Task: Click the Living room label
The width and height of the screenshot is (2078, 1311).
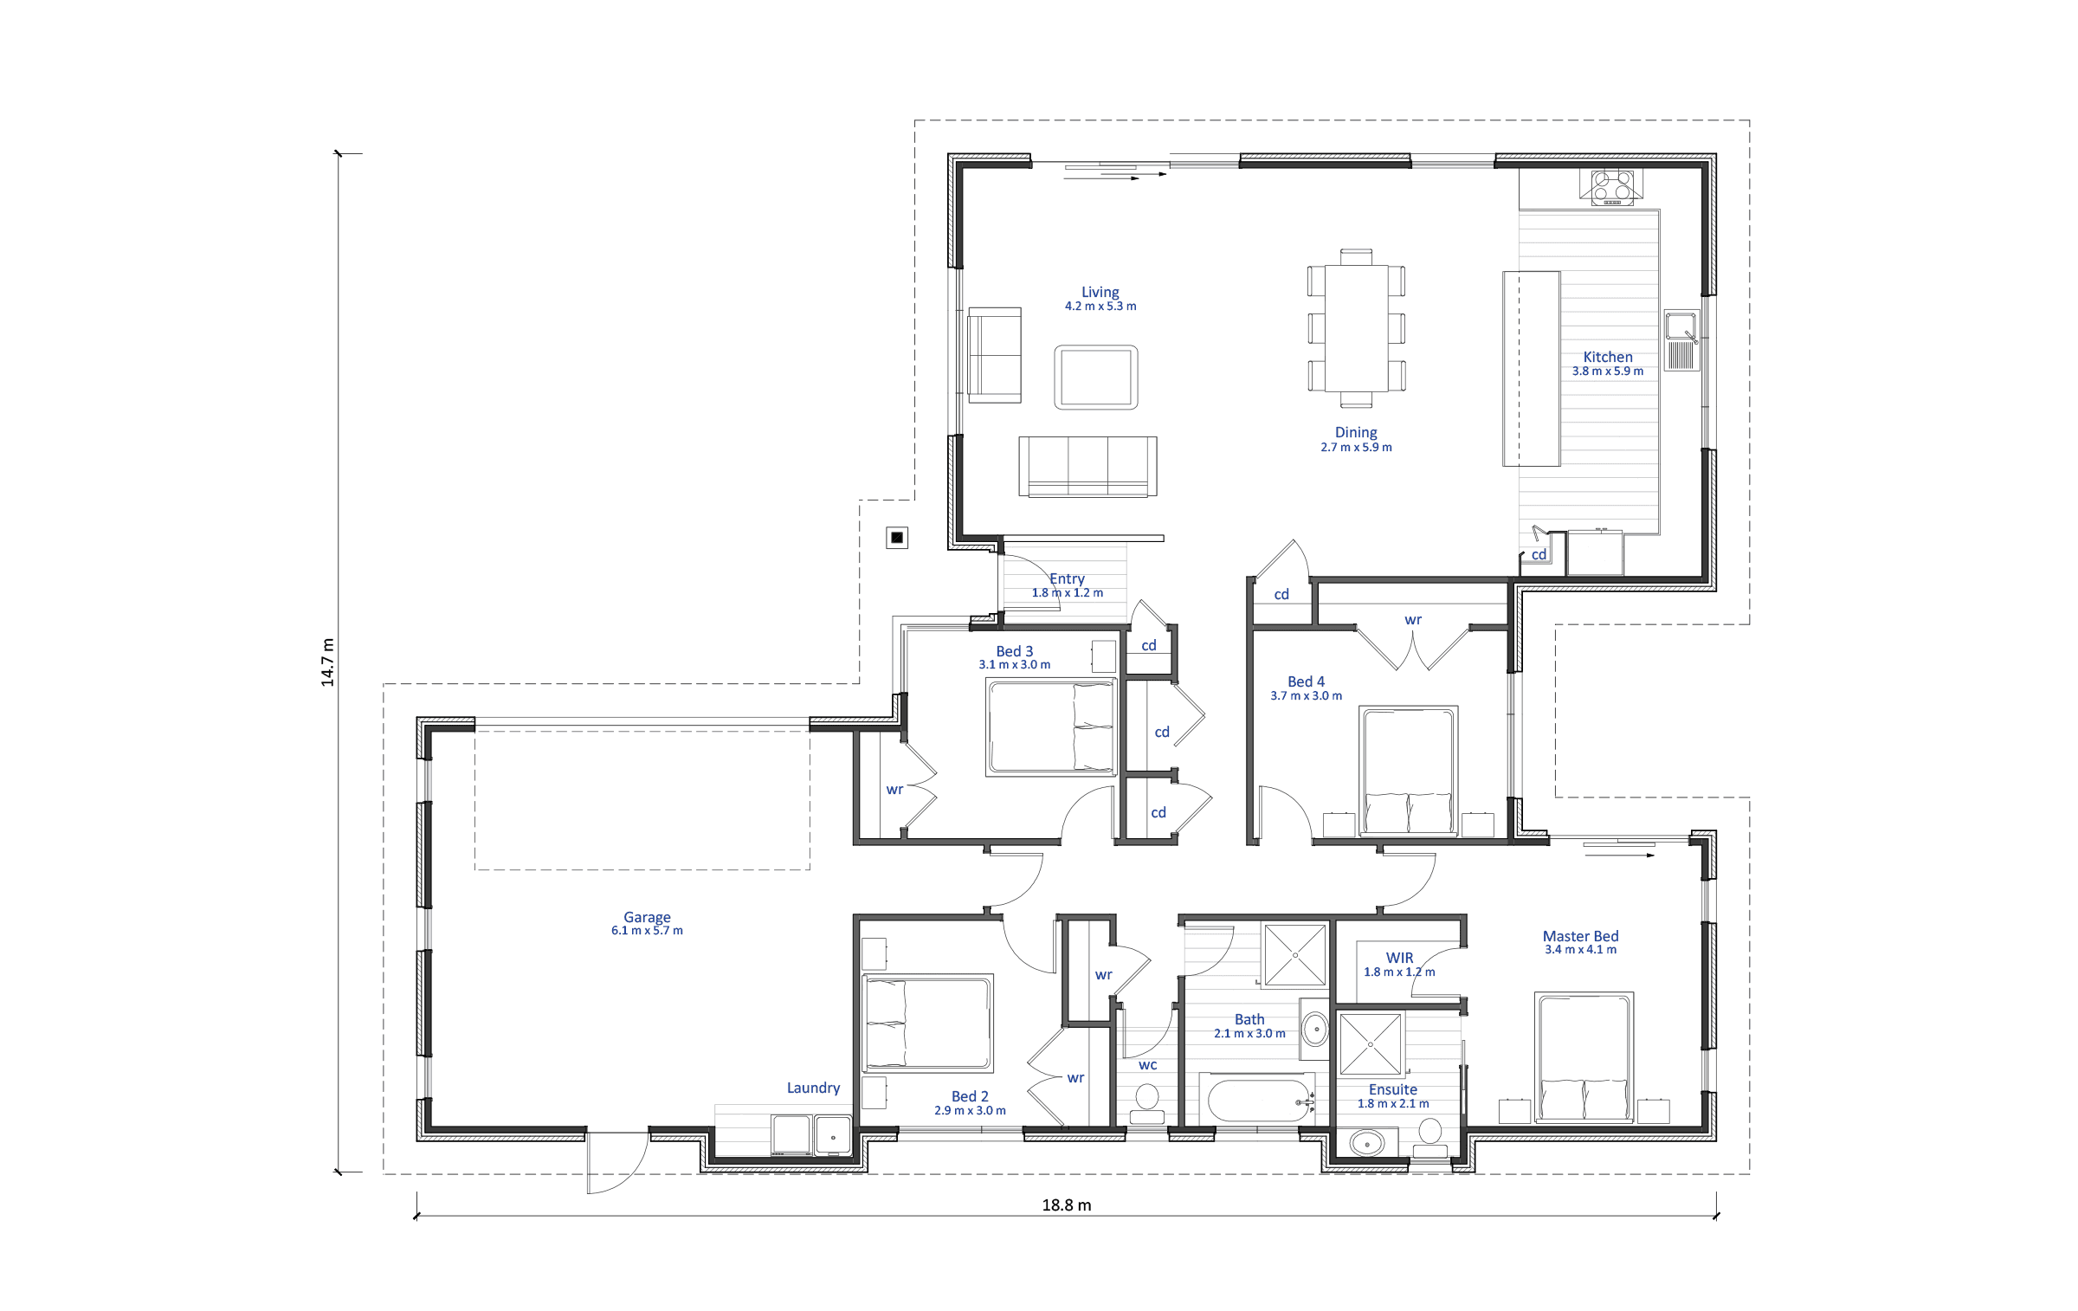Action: coord(1100,293)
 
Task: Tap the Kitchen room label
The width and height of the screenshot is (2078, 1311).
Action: coord(1608,357)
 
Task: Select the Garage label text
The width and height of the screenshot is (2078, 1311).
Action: coord(647,917)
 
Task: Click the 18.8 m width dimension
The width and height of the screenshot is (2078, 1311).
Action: coord(1067,1204)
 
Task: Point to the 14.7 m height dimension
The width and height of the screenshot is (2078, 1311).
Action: coord(327,662)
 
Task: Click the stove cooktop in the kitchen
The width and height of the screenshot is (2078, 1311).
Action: coord(1610,187)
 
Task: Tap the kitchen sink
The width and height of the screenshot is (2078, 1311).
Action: coord(1681,340)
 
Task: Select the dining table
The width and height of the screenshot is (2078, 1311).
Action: coord(1356,328)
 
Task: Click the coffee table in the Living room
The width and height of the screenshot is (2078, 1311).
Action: coord(1096,377)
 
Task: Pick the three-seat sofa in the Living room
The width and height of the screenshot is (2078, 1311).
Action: coord(1087,467)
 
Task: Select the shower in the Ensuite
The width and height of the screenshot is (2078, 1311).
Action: coord(1370,1044)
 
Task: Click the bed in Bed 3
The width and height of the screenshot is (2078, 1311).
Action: coord(1051,726)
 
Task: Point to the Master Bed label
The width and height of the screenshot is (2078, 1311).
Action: coord(1580,936)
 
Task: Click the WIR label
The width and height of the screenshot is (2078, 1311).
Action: coord(1399,958)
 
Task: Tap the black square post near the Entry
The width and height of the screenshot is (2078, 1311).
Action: coord(897,538)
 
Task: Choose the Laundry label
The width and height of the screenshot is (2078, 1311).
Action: coord(813,1088)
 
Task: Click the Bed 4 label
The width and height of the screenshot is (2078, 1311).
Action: coord(1306,681)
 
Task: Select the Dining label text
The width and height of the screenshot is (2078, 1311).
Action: coord(1356,432)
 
